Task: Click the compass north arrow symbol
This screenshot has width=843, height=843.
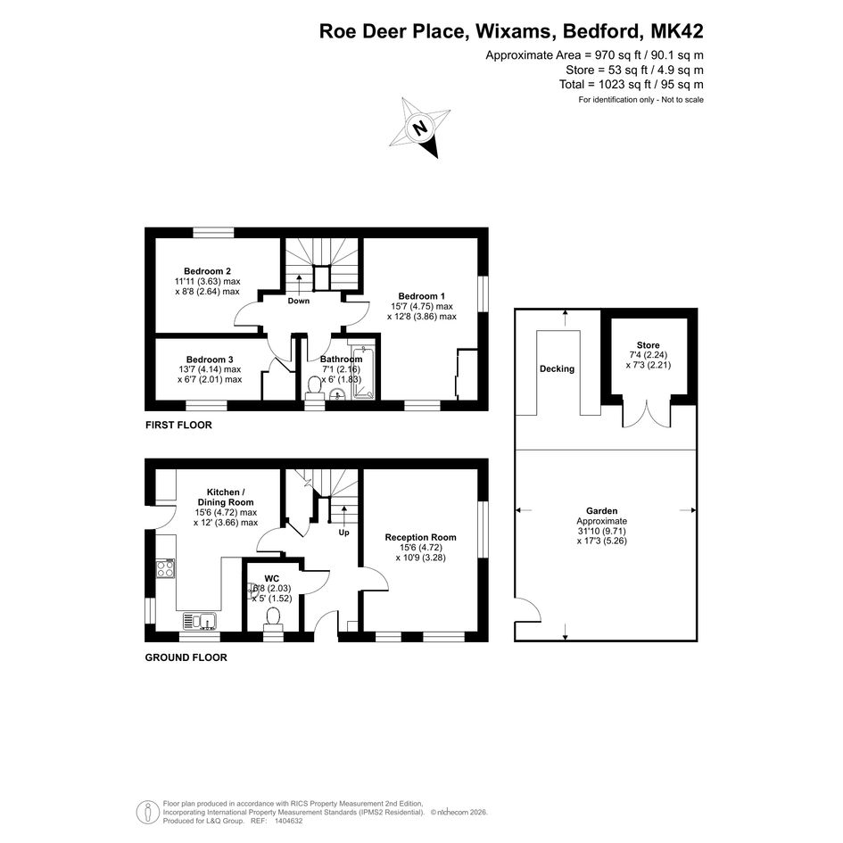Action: [x=420, y=128]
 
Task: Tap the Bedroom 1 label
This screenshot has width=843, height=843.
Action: [x=421, y=296]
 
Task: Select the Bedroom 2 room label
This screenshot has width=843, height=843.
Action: [x=207, y=271]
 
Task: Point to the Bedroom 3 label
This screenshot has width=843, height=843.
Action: [x=210, y=360]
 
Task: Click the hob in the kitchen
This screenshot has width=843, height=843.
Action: [x=165, y=568]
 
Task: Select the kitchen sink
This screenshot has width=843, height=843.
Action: [x=200, y=621]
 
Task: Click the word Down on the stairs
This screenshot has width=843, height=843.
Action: [x=298, y=302]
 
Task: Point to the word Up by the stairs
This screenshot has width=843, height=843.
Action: [x=343, y=533]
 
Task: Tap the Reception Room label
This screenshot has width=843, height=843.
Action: [x=420, y=537]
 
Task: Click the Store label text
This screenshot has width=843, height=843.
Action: [x=648, y=345]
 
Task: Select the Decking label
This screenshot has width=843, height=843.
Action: [x=557, y=368]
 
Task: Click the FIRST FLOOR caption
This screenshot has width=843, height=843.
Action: [x=178, y=426]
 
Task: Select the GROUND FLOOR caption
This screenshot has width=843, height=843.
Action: [x=186, y=657]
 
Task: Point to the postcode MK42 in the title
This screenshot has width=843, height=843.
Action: [x=677, y=31]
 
